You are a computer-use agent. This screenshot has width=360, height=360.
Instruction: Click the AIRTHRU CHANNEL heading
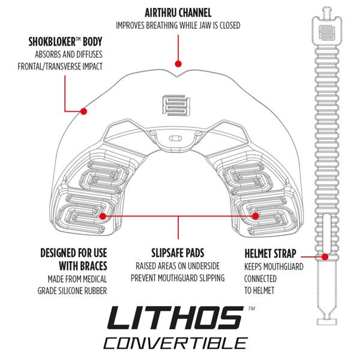point(178,12)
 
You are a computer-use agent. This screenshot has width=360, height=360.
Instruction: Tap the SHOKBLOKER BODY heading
point(65,43)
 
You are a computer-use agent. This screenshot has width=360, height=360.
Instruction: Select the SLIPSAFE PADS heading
point(178,252)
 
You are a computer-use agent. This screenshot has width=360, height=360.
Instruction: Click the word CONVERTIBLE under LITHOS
point(175,344)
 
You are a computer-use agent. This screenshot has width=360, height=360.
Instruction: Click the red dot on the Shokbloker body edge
point(85,111)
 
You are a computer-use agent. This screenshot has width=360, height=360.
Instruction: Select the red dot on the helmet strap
point(325,256)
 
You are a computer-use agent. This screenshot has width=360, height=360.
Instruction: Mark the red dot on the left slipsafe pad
point(103,215)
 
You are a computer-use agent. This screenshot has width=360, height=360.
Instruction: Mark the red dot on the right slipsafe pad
point(256,215)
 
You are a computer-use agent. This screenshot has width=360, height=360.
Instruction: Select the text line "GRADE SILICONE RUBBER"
point(76,291)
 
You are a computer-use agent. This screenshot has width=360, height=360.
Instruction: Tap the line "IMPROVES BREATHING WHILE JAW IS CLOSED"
point(178,25)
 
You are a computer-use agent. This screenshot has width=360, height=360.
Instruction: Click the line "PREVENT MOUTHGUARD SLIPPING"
point(178,278)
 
